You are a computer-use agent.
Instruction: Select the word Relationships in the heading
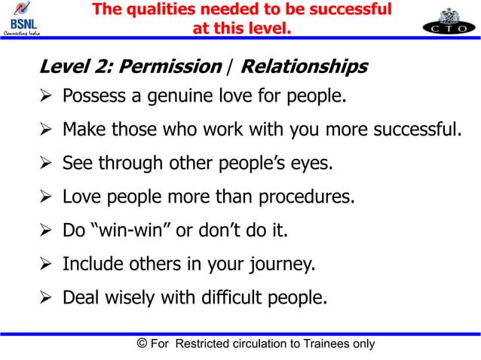tap(303, 67)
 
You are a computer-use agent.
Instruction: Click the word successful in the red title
tap(348, 10)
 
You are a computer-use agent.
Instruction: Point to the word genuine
tap(182, 97)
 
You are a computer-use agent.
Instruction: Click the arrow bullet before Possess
tap(46, 97)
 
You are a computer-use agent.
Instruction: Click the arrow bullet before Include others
tap(46, 264)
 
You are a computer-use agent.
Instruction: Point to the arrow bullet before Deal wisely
tap(46, 297)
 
